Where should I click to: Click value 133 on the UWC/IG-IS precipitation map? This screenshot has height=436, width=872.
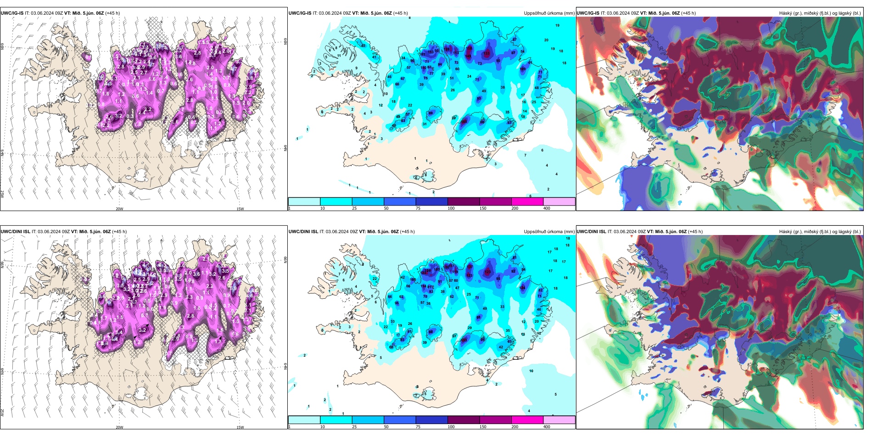[486, 53]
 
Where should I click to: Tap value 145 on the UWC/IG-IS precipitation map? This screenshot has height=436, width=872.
[468, 56]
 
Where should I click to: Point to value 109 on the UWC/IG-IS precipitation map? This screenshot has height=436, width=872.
[523, 69]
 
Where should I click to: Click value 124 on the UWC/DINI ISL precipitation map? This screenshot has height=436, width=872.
[522, 288]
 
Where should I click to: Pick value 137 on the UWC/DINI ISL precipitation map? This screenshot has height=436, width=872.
[470, 267]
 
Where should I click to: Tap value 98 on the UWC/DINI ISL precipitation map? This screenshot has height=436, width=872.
[430, 331]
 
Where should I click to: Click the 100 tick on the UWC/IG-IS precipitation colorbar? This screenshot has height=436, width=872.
[451, 208]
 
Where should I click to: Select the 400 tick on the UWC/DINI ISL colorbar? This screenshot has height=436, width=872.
[547, 427]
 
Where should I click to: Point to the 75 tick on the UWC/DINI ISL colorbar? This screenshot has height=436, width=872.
[418, 427]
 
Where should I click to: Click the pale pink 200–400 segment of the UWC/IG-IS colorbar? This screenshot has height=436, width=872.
[559, 201]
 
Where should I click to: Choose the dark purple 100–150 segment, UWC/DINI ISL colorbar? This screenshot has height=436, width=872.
[463, 420]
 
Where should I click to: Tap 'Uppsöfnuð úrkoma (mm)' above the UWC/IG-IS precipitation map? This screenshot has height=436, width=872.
[549, 13]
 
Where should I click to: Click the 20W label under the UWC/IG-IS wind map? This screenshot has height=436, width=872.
[119, 209]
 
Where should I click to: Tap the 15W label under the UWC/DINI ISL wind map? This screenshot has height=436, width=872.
[240, 427]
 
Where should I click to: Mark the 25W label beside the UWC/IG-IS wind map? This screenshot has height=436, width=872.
[2, 194]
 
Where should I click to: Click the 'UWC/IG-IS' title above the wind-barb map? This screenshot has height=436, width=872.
[12, 13]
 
